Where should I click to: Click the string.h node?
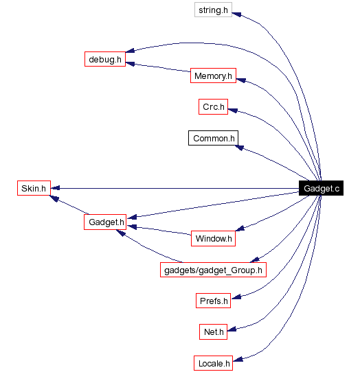coord(212,11)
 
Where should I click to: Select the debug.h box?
coord(104,59)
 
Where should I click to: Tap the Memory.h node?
coord(213,75)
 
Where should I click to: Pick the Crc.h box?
coord(213,107)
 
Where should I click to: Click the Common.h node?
coord(213,138)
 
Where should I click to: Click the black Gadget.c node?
coord(321,188)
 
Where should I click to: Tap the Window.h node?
coord(213,239)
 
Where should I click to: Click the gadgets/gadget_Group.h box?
coord(213,270)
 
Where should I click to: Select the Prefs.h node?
coord(213,301)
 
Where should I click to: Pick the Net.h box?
coord(213,332)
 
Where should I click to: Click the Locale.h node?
coord(213,362)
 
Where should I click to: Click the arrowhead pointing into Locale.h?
coord(238,358)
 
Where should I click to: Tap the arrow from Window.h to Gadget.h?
coord(161,231)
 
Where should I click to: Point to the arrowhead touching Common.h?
coord(243,146)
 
